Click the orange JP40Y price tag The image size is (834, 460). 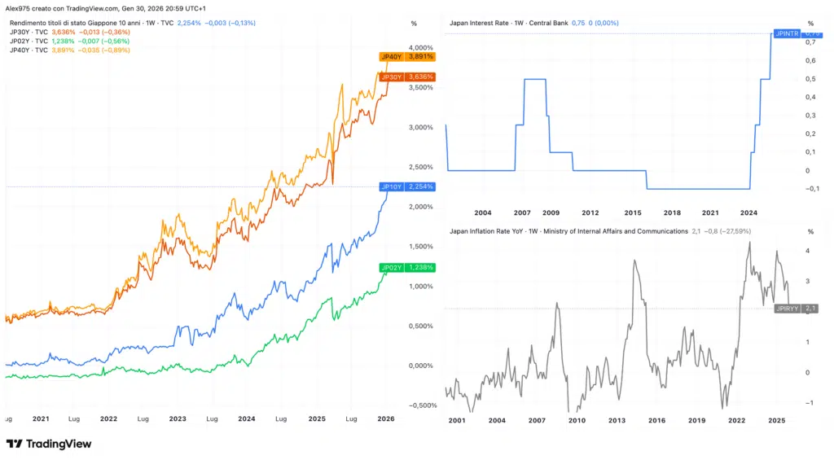(407, 57)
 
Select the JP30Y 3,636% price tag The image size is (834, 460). (407, 77)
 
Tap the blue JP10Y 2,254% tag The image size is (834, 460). (407, 186)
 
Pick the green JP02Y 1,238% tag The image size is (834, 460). (407, 267)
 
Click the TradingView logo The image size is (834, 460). (49, 444)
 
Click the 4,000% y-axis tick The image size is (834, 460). (423, 47)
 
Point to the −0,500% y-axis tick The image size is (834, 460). (421, 405)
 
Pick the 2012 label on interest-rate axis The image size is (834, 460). (590, 212)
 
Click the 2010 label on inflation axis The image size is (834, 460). (577, 421)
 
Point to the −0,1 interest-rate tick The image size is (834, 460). (809, 189)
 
